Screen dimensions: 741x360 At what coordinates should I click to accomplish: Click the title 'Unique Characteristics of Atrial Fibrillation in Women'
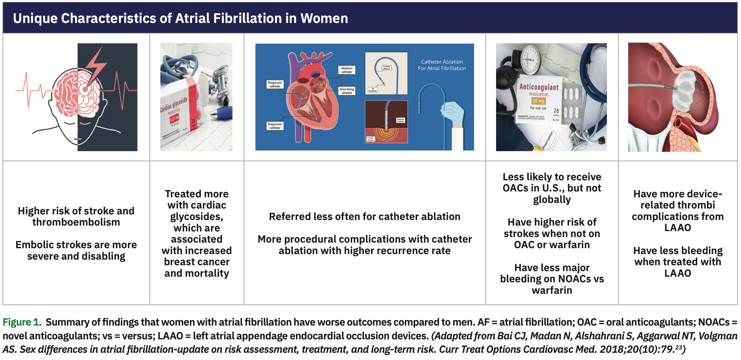click(180, 18)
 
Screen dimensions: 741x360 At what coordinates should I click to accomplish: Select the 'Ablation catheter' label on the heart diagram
click(347, 70)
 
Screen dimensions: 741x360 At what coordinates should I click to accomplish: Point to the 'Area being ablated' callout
click(347, 91)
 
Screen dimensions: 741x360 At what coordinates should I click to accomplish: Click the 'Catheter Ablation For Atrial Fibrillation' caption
click(442, 65)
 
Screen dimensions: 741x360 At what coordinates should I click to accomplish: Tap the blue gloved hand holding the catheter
click(454, 113)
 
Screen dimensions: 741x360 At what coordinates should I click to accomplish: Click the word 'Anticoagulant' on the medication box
click(539, 87)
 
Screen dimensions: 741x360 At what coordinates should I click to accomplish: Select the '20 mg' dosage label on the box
click(538, 101)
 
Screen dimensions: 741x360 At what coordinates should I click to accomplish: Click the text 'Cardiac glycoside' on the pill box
click(174, 105)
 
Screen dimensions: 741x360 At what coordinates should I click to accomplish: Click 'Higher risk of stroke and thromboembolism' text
click(76, 216)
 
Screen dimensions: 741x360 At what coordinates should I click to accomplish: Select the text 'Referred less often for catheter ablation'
click(365, 216)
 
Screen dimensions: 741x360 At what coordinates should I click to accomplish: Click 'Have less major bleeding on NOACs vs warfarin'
click(552, 279)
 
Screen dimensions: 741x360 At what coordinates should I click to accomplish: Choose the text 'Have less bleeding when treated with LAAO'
click(678, 262)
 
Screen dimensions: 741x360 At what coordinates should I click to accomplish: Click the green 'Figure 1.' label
click(22, 322)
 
